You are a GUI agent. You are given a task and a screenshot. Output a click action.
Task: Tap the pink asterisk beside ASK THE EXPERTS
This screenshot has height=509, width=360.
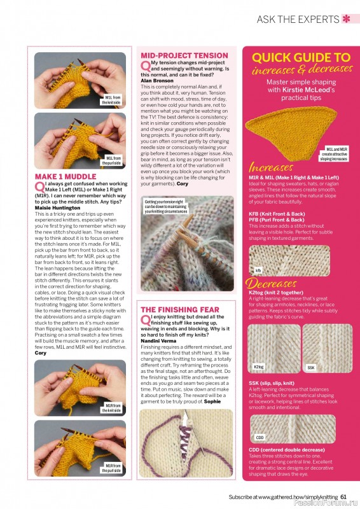(x=346, y=18)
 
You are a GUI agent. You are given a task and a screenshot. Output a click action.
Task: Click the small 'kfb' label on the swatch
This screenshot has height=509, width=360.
(x=258, y=270)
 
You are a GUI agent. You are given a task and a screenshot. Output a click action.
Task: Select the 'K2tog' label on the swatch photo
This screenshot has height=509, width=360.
(x=259, y=367)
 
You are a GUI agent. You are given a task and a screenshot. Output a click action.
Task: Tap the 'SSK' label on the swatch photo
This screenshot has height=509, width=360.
(x=311, y=367)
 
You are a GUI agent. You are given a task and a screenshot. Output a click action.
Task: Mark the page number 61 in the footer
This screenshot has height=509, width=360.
(x=343, y=497)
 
